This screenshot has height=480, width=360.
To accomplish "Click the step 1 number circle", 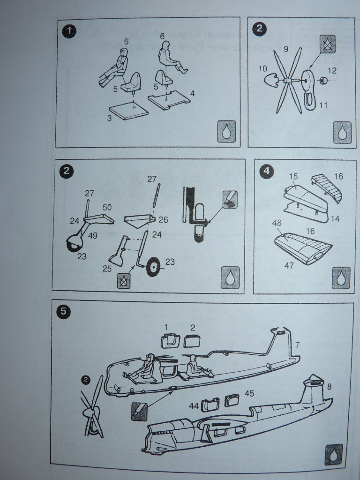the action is (68, 31).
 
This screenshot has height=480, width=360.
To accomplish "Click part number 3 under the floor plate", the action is (109, 119).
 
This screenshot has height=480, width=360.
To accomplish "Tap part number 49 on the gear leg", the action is (93, 236).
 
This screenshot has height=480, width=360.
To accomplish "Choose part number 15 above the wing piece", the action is (293, 176).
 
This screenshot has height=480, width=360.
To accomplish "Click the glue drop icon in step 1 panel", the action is (226, 132).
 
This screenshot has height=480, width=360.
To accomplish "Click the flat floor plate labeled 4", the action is (169, 100).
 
